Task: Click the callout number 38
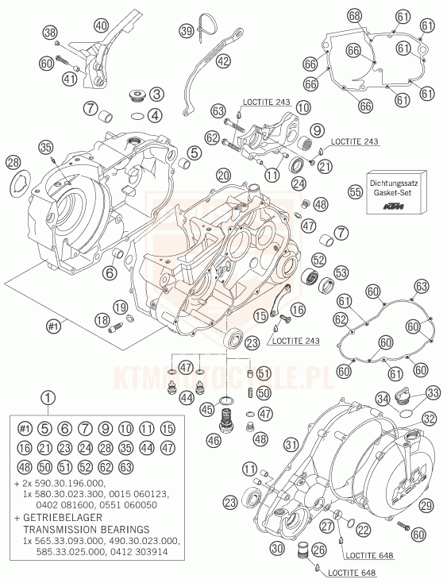pyautogui.click(x=50, y=33)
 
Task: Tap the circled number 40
pyautogui.click(x=101, y=26)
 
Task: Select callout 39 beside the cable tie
pyautogui.click(x=187, y=30)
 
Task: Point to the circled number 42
pyautogui.click(x=223, y=60)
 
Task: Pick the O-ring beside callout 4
pyautogui.click(x=137, y=116)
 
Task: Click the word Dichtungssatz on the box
pyautogui.click(x=394, y=183)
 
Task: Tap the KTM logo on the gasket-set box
pyautogui.click(x=394, y=207)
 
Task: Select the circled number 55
pyautogui.click(x=355, y=192)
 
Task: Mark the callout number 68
pyautogui.click(x=354, y=16)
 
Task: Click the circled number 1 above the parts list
pyautogui.click(x=48, y=398)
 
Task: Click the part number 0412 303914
pyautogui.click(x=139, y=552)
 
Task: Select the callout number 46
pyautogui.click(x=215, y=441)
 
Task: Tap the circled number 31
pyautogui.click(x=291, y=444)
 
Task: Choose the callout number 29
pyautogui.click(x=426, y=505)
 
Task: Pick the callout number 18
pyautogui.click(x=102, y=320)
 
